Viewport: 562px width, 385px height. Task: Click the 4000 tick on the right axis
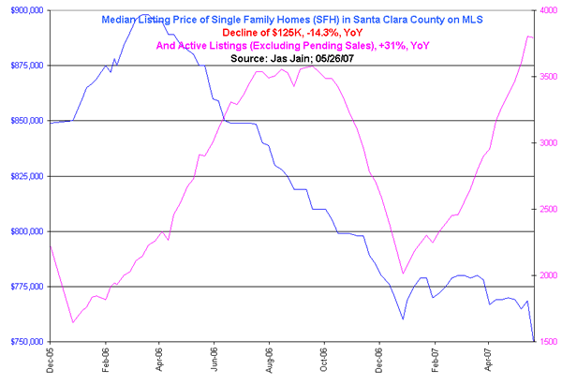click(x=550, y=10)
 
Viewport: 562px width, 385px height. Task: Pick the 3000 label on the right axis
click(x=550, y=143)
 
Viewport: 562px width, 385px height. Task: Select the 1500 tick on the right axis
click(x=550, y=342)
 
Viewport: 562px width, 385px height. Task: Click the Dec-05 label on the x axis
click(x=50, y=361)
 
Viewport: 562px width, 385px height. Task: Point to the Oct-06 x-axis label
click(x=324, y=361)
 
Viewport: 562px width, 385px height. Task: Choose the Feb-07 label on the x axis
click(x=434, y=361)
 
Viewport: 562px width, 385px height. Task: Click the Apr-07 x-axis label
click(x=488, y=361)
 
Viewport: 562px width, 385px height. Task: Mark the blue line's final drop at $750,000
click(x=534, y=341)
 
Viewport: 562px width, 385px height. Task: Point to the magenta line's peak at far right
click(x=529, y=36)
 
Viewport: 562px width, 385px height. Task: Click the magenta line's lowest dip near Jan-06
click(x=72, y=322)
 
